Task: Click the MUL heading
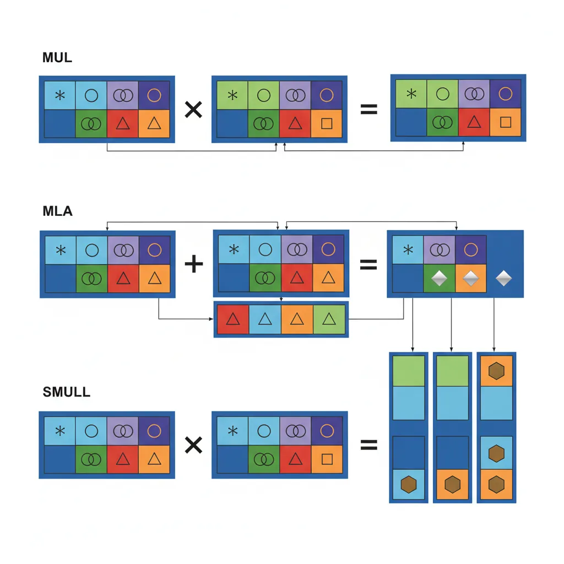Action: pyautogui.click(x=57, y=57)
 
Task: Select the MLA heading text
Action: pyautogui.click(x=57, y=210)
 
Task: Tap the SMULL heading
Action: pyautogui.click(x=66, y=392)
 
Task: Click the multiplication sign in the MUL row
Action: pyautogui.click(x=193, y=110)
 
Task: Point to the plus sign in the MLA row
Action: pyautogui.click(x=193, y=264)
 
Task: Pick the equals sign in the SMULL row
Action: pyautogui.click(x=368, y=444)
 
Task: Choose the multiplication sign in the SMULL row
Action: pyautogui.click(x=193, y=444)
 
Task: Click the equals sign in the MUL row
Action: pyautogui.click(x=368, y=110)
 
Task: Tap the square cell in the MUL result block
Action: pyautogui.click(x=505, y=122)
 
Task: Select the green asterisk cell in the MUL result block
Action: pyautogui.click(x=411, y=94)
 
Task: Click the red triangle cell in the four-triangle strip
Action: pyautogui.click(x=233, y=319)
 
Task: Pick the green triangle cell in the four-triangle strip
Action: pyautogui.click(x=329, y=319)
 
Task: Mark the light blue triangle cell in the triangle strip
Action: pyautogui.click(x=265, y=319)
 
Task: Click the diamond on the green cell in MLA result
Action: pyautogui.click(x=438, y=279)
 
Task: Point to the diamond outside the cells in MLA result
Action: pyautogui.click(x=503, y=279)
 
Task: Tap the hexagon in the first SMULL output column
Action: pyautogui.click(x=408, y=485)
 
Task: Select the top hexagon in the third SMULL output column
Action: pyautogui.click(x=496, y=371)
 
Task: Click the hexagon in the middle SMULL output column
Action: pyautogui.click(x=452, y=485)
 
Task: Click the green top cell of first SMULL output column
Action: pyautogui.click(x=408, y=371)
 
